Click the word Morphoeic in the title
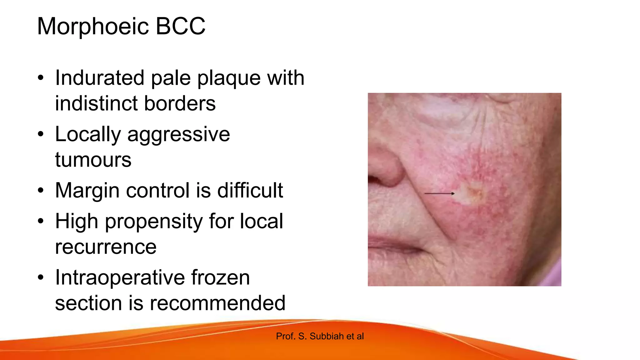coord(93,27)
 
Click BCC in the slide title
coord(180,26)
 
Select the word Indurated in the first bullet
coord(100,78)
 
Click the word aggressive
coord(178,135)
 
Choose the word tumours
coord(93,160)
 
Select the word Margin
coord(87,191)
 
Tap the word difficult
coord(250,190)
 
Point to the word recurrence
coord(106,247)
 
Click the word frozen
coord(220,277)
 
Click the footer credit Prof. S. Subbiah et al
coord(320,336)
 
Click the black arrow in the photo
coord(439,194)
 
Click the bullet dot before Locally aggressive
coord(41,134)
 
